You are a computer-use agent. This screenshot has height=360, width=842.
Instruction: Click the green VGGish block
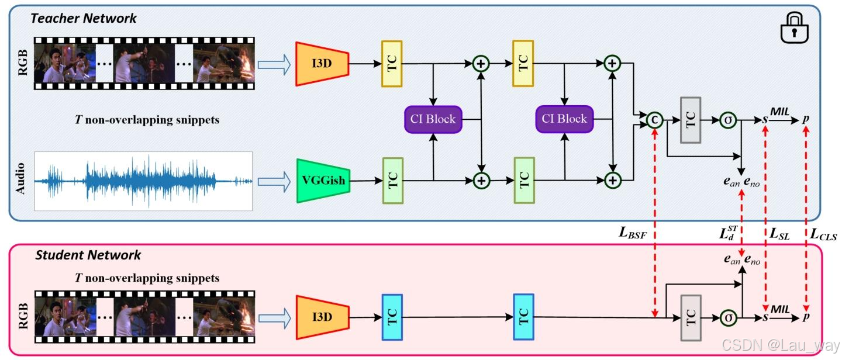coord(322,181)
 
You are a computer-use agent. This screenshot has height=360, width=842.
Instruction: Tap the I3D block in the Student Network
coord(322,317)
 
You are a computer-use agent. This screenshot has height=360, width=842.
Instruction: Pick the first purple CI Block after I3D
coord(432,119)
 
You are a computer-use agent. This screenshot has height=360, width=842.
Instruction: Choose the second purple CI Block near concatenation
coord(564,119)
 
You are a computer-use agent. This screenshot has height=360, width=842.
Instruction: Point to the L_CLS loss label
coord(823,234)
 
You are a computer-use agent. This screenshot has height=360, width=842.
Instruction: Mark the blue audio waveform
coord(143,181)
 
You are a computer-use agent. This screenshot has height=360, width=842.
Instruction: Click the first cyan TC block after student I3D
coord(392,317)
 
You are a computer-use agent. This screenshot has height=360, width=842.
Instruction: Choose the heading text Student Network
coord(88,255)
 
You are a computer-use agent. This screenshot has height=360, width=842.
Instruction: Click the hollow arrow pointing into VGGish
coord(274,181)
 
